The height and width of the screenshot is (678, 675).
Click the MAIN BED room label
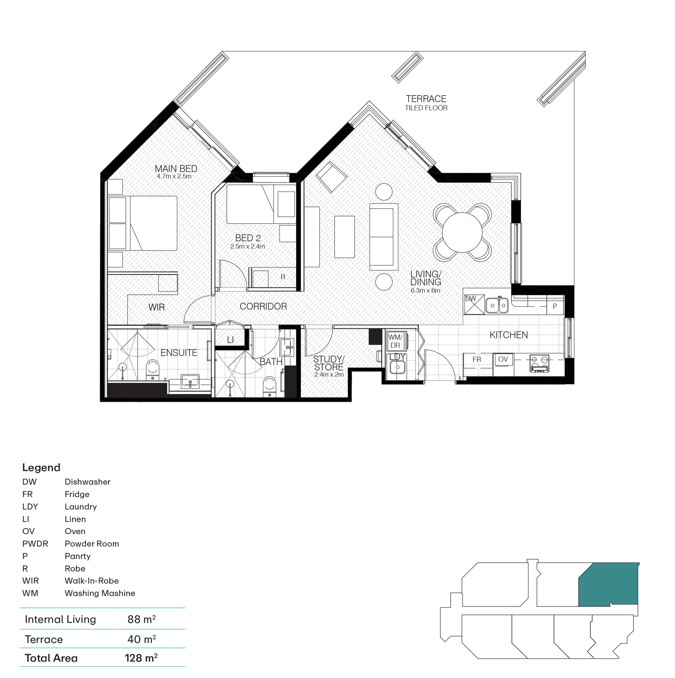click(176, 169)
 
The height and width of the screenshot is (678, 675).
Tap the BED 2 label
click(248, 238)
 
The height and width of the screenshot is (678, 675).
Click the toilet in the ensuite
click(153, 369)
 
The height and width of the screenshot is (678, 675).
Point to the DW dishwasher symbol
click(474, 304)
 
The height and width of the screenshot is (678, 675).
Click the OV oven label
click(503, 359)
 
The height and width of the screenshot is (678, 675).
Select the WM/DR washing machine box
click(396, 341)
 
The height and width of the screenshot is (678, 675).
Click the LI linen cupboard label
click(230, 340)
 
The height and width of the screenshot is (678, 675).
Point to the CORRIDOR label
click(263, 306)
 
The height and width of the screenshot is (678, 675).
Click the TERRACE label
click(426, 99)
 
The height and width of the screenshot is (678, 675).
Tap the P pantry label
click(555, 306)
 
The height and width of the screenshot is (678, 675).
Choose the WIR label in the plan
click(156, 307)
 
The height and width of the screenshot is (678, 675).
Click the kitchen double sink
click(497, 305)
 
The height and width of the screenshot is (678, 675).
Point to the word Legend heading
click(41, 468)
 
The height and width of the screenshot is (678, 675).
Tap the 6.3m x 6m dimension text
click(425, 291)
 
